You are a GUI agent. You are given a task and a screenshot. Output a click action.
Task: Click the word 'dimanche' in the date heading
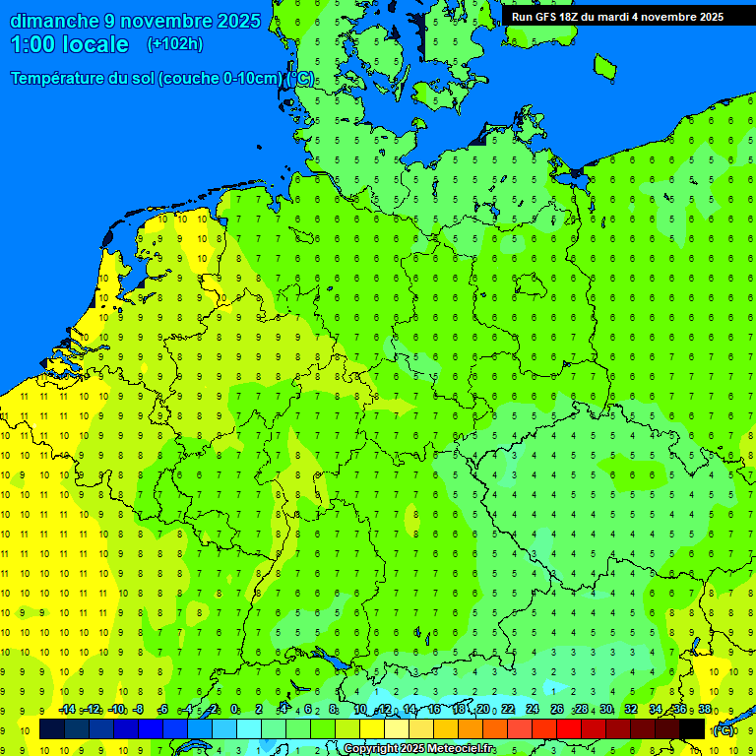point(54,21)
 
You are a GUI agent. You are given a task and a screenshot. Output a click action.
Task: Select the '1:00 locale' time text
point(69,44)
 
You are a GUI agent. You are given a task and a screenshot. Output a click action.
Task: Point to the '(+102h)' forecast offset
point(175,44)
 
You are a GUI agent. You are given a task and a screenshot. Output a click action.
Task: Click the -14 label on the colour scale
point(67,710)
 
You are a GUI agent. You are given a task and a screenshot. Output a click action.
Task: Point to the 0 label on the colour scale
point(234,710)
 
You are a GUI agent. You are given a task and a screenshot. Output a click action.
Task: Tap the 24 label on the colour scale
point(532,710)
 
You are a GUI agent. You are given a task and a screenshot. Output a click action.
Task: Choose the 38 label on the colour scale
point(704,710)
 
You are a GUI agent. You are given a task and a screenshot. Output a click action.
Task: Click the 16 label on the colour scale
point(433,710)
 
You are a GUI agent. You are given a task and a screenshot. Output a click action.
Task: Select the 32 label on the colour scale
point(630,710)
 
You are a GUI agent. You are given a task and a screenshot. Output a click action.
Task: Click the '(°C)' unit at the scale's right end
point(724,729)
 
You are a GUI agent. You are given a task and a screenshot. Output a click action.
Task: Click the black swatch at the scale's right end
point(692,728)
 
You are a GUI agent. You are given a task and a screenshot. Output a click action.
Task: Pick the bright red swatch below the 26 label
point(569,728)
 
